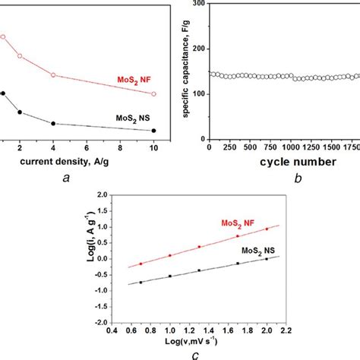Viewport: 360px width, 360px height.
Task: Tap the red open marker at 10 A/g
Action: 153,93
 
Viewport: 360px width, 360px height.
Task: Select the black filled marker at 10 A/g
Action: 153,131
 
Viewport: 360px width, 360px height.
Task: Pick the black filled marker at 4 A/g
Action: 53,124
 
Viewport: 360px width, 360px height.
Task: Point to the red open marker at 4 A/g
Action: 53,74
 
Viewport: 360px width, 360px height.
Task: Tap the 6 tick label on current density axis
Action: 87,149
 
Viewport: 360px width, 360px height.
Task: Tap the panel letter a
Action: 68,179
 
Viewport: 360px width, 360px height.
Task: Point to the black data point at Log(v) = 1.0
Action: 170,276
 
